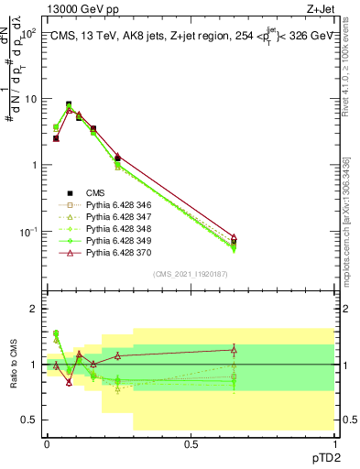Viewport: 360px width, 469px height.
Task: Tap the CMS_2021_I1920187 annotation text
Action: [x=191, y=274]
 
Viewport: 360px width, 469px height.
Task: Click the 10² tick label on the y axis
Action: [x=27, y=33]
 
